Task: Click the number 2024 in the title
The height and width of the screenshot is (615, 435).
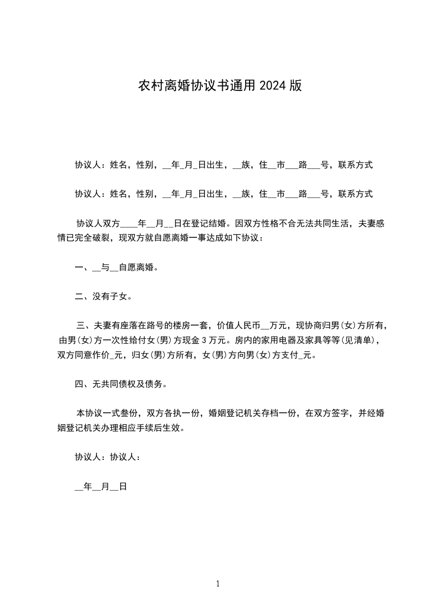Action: click(x=274, y=86)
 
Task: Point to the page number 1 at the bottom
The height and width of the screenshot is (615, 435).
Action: click(x=218, y=584)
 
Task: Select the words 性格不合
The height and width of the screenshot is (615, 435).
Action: click(x=279, y=224)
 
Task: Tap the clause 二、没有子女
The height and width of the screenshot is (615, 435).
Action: click(x=103, y=297)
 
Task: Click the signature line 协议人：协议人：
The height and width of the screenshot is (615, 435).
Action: click(x=109, y=457)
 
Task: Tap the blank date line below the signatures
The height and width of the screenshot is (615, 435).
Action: click(x=101, y=486)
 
